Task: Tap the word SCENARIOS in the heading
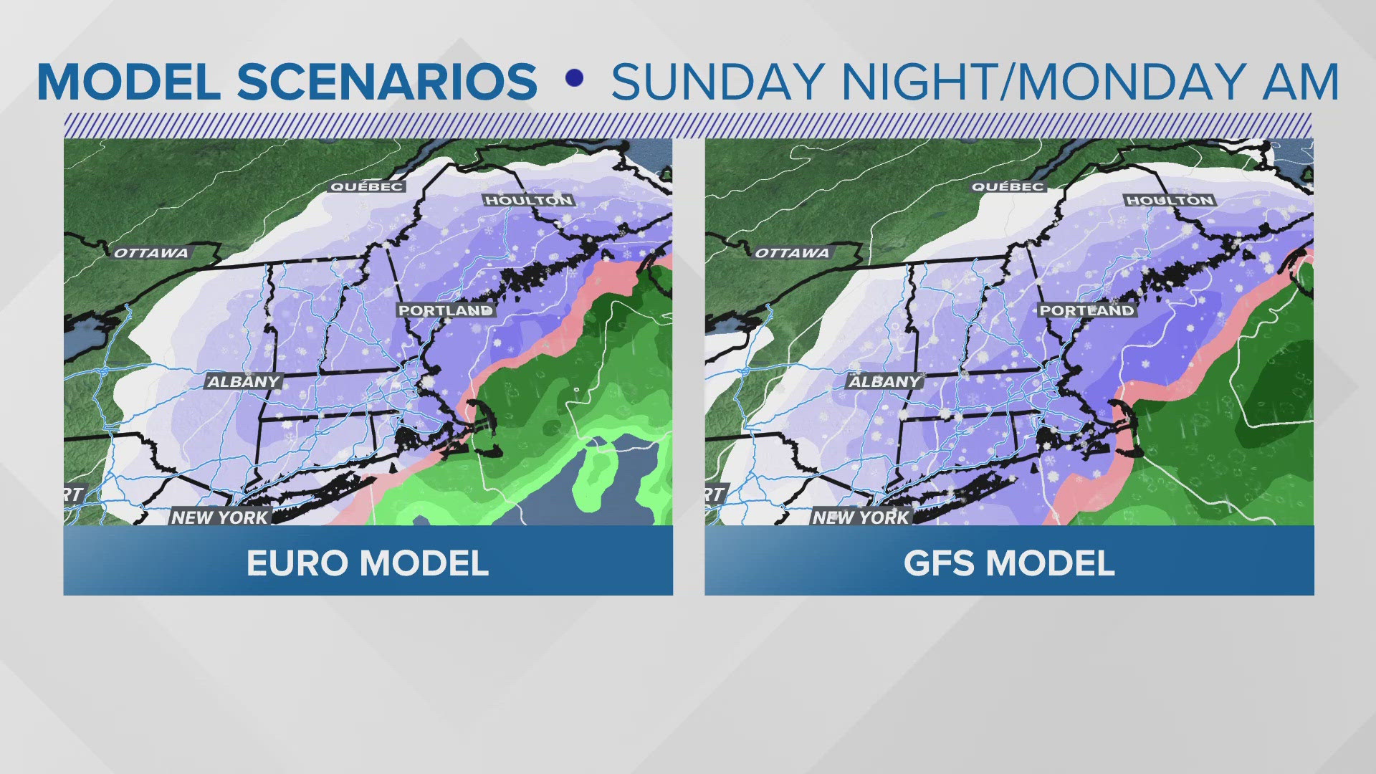pyautogui.click(x=386, y=82)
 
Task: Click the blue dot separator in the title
pyautogui.click(x=573, y=78)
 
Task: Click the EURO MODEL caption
pyautogui.click(x=368, y=563)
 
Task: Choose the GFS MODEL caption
pyautogui.click(x=1009, y=563)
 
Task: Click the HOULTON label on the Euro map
pyautogui.click(x=529, y=201)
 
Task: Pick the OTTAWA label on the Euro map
pyautogui.click(x=151, y=253)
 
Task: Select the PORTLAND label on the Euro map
pyautogui.click(x=446, y=310)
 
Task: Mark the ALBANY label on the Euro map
pyautogui.click(x=243, y=382)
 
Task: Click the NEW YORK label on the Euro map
pyautogui.click(x=219, y=517)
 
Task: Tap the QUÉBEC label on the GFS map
pyautogui.click(x=1008, y=187)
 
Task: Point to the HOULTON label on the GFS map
pyautogui.click(x=1170, y=201)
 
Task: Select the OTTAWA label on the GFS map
pyautogui.click(x=793, y=253)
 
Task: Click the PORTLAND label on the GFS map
pyautogui.click(x=1087, y=310)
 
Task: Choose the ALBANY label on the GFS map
pyautogui.click(x=884, y=382)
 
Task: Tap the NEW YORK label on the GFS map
pyautogui.click(x=861, y=517)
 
